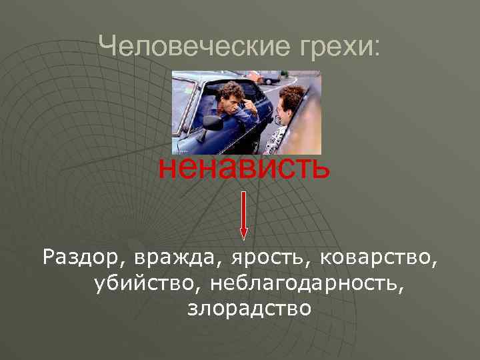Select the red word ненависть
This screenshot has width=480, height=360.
tap(243, 167)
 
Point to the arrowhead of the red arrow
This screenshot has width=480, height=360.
tap(243, 233)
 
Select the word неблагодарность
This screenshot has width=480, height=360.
tap(307, 283)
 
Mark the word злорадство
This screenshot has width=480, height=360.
tap(249, 309)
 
